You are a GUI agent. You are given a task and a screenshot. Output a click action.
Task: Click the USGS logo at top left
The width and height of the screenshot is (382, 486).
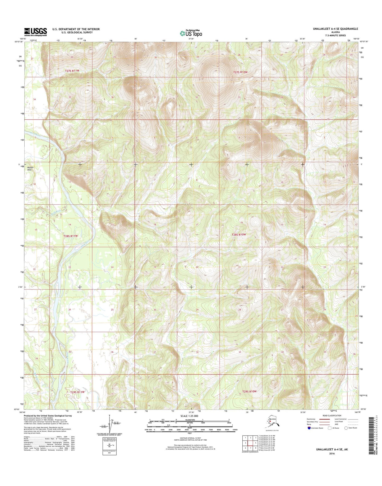coord(35,32)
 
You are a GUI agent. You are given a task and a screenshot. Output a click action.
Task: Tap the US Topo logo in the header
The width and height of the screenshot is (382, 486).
coord(191,33)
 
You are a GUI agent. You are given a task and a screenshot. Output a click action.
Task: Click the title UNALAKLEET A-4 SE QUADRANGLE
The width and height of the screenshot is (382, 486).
coord(335,29)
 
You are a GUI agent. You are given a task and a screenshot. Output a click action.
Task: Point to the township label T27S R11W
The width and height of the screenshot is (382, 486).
coord(72,71)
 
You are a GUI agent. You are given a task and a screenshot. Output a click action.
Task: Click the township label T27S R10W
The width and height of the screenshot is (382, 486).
coord(240,72)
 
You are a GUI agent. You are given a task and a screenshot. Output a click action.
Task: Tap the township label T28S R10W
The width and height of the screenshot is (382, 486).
coord(239,234)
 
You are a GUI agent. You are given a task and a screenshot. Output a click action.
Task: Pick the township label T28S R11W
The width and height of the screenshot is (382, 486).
coord(71,236)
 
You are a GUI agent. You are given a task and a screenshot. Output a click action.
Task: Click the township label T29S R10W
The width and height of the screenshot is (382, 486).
coord(249,391)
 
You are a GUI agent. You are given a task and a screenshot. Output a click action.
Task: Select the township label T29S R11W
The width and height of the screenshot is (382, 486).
coord(77,392)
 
